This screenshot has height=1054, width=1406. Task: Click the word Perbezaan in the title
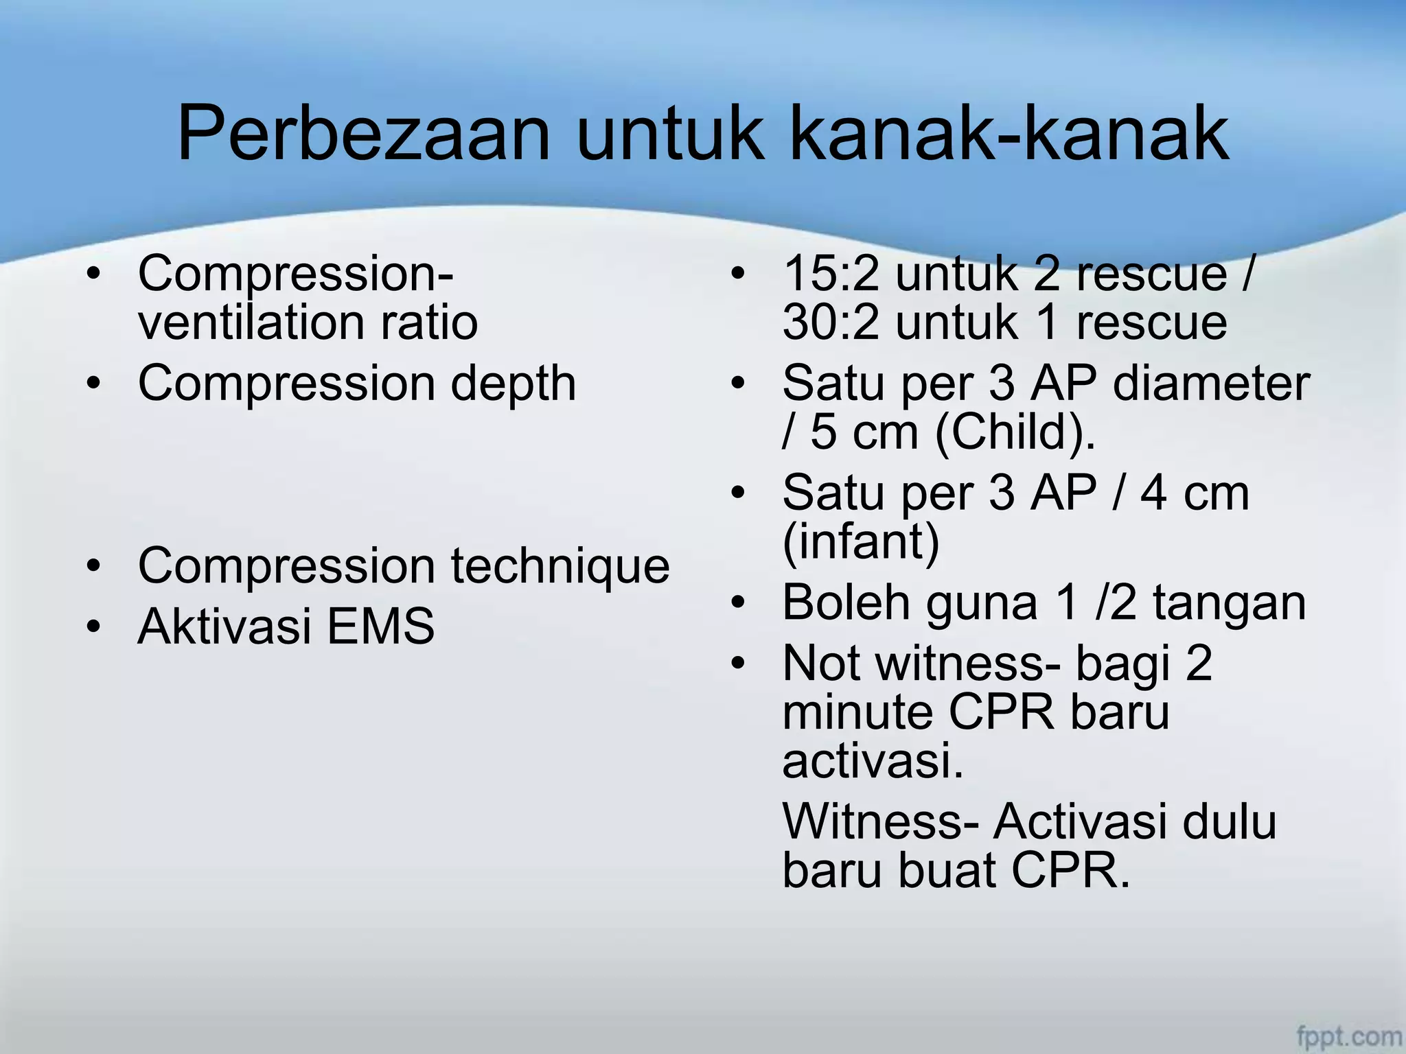coord(364,134)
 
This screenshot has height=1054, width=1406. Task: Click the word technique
coord(560,567)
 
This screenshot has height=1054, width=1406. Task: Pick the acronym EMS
coord(380,626)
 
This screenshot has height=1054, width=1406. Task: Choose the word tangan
coord(1229,602)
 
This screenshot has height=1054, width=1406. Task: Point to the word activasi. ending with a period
coord(873,762)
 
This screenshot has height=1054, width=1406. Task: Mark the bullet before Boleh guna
coord(738,603)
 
